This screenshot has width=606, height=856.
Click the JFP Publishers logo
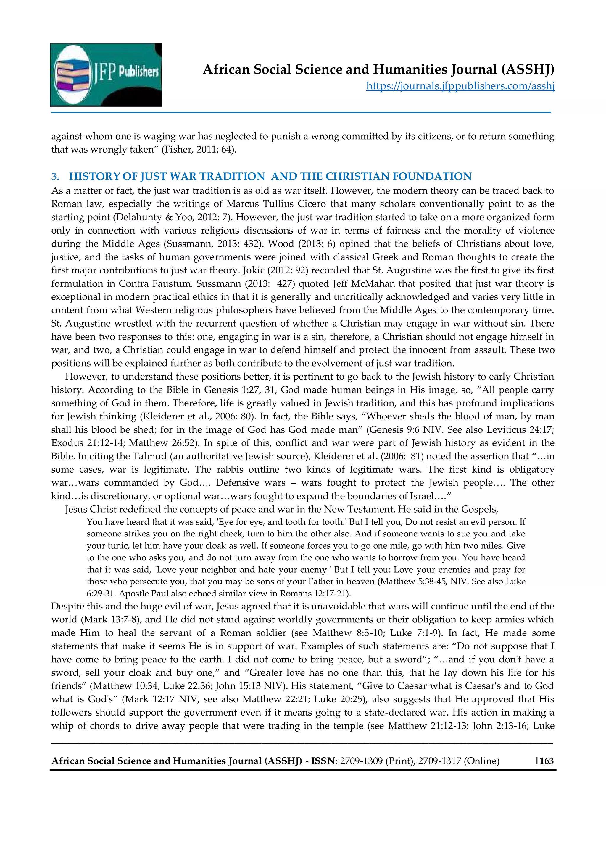pos(106,74)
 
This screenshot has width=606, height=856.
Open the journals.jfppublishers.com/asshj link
pos(460,86)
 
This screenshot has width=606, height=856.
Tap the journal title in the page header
pos(378,70)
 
